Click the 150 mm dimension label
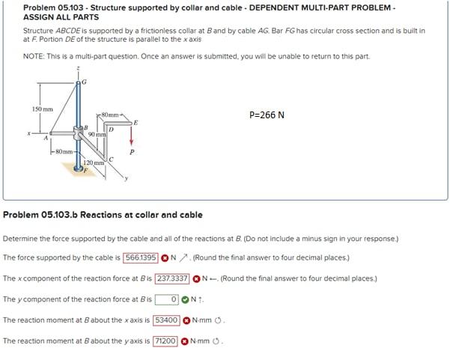coord(42,109)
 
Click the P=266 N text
coord(267,115)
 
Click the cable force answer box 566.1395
coord(140,257)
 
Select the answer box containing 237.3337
coord(171,278)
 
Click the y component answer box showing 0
coord(166,299)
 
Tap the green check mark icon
coord(184,299)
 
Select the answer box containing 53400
coord(165,320)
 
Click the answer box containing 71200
coord(165,341)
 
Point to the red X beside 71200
coord(184,341)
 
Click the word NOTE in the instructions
coord(34,56)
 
